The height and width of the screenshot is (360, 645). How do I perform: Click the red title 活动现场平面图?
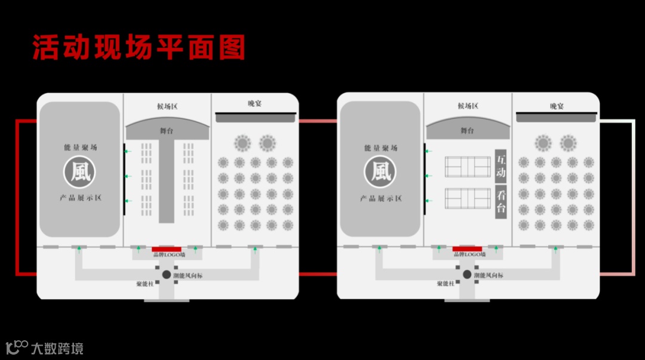coord(139,48)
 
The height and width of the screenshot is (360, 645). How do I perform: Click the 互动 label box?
coord(500,167)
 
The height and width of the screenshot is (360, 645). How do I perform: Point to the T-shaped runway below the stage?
coord(166,179)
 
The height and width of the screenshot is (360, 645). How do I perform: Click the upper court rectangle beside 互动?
coord(468,167)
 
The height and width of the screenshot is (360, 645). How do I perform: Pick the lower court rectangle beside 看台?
coord(468,198)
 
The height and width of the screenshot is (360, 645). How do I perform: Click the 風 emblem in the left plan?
coord(79,172)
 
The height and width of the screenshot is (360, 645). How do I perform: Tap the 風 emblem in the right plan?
coord(380,172)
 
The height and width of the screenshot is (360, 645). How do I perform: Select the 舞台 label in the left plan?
coord(167,130)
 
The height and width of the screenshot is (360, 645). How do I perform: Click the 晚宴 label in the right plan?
coord(557,106)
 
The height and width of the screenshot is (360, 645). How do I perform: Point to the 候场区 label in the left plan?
coord(167,106)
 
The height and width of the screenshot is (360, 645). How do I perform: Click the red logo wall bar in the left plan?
coord(167,249)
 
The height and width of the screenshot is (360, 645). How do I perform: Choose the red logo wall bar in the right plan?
coord(467,249)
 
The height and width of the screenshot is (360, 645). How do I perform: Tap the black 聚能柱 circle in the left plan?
coord(167,275)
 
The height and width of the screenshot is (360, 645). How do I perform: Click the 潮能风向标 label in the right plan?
coord(489,275)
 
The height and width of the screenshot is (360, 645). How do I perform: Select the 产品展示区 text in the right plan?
coord(380,198)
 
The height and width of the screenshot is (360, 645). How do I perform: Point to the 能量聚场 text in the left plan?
coord(80,147)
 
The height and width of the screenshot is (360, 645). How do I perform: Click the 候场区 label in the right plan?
coord(468,106)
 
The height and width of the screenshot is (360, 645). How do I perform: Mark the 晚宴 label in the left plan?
coord(255,104)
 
